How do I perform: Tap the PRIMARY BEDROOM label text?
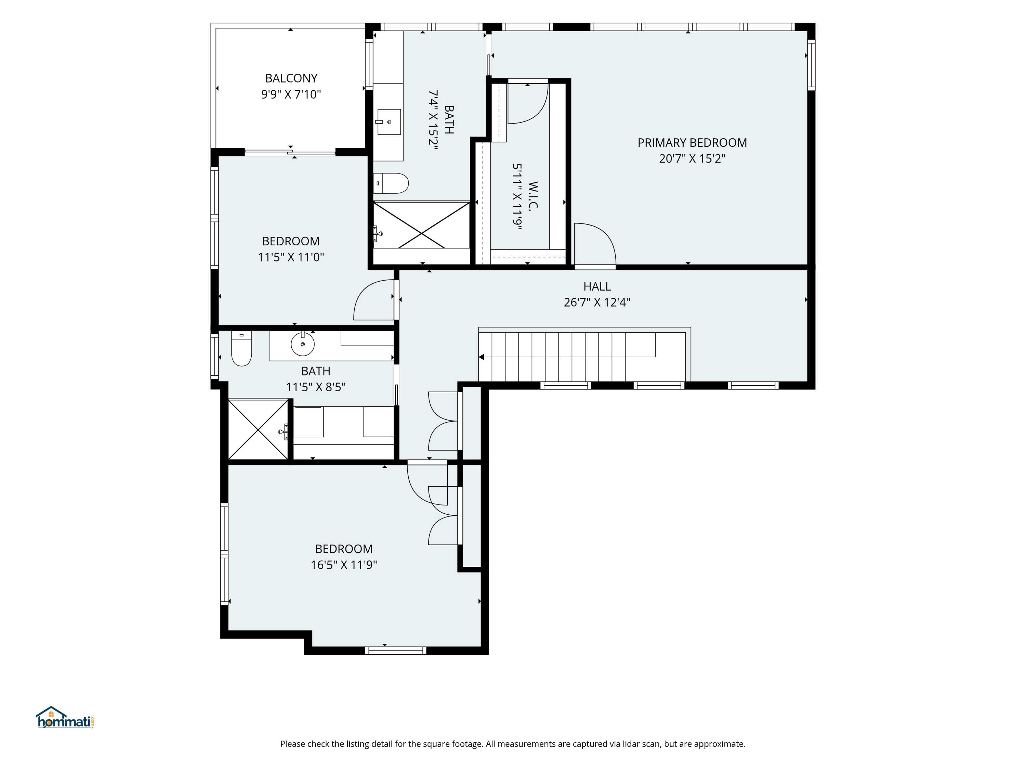pos(692,142)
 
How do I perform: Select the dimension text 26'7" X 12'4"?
pos(596,302)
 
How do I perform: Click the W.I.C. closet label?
pos(533,196)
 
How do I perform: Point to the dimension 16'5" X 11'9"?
pos(344,564)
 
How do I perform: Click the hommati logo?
pos(65,718)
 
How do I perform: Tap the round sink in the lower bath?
pos(302,344)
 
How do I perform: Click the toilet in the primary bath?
pos(391,183)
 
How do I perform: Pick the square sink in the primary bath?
pos(389,121)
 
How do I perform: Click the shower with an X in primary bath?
pos(422,225)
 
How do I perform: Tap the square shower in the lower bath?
pos(258,429)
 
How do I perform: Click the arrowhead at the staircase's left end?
pos(482,357)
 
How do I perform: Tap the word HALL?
pos(597,286)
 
